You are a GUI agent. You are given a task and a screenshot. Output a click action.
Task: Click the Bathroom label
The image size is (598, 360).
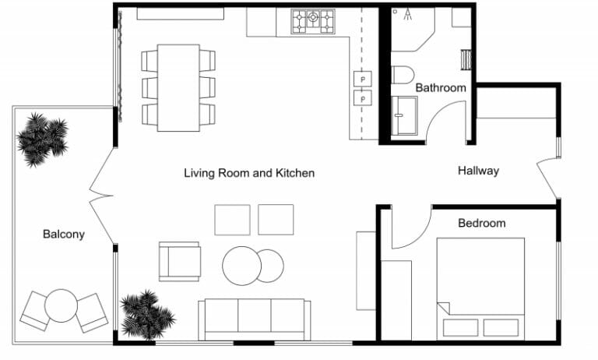[440, 88]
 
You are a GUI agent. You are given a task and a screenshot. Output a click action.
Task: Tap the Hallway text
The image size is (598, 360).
[477, 171]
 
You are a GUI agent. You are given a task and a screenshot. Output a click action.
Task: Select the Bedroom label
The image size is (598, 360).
[481, 223]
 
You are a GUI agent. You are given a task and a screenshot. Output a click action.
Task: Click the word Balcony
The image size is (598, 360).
[63, 234]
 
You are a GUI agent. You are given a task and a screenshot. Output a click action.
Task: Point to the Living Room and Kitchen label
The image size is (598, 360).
[249, 173]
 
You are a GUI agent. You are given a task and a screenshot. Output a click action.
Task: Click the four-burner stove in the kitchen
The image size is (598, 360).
[313, 21]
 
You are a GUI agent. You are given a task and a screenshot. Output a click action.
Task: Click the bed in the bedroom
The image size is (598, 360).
[480, 286]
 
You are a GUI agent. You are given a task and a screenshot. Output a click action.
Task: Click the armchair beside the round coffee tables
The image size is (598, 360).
[180, 261]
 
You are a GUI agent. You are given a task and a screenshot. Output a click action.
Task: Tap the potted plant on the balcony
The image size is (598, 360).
[42, 139]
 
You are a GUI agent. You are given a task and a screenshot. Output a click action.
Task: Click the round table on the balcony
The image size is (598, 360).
[62, 304]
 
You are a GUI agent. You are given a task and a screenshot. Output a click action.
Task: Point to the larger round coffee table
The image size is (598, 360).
[241, 266]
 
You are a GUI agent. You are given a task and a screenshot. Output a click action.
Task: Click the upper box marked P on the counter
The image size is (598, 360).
[363, 78]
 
